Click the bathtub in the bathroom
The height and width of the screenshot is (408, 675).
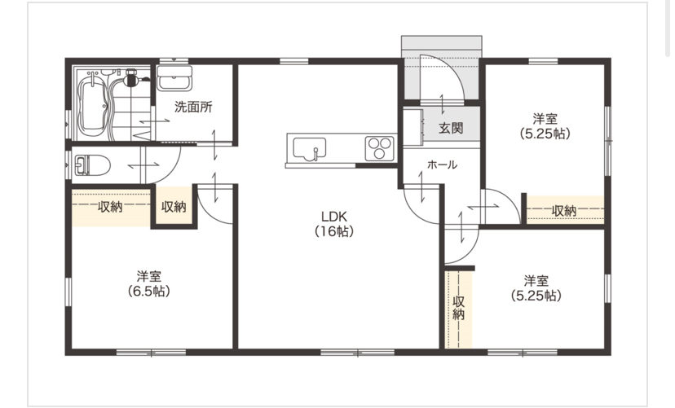point(94,103)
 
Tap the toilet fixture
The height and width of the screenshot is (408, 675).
point(93,165)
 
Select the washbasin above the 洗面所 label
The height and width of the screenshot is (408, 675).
point(174,78)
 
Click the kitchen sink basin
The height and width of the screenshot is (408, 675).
point(309,148)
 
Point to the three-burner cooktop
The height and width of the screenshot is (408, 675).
point(380,148)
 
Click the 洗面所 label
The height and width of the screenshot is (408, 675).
point(193,107)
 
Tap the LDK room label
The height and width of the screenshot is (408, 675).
point(334,216)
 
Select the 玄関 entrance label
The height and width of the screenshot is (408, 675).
point(451,128)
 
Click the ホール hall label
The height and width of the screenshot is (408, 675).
point(442,165)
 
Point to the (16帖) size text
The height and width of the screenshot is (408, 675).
point(334,231)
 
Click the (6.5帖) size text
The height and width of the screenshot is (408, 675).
point(148,291)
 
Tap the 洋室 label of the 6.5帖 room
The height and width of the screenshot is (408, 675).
point(149,276)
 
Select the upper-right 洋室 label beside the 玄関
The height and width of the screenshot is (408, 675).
point(545,118)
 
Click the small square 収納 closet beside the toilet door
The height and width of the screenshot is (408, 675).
point(174,207)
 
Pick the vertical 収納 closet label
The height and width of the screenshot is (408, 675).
point(459,308)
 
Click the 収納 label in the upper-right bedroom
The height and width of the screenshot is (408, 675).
point(564,211)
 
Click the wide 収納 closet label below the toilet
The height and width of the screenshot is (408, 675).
point(110,207)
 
